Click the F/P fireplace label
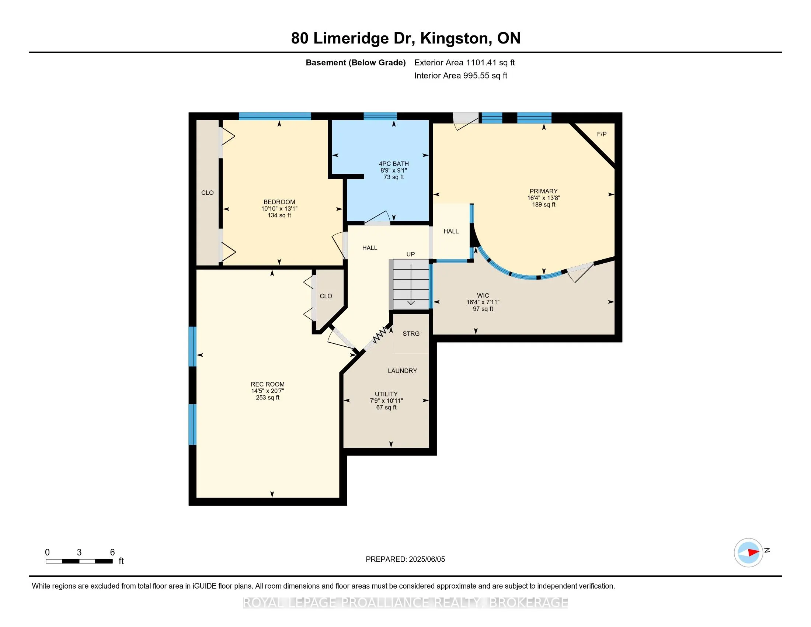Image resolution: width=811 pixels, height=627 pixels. pos(602,134)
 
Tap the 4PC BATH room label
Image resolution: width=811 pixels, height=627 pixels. pos(394,164)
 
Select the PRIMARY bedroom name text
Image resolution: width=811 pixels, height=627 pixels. pos(543,191)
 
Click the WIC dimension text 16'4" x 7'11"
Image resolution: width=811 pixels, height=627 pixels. pos(483,302)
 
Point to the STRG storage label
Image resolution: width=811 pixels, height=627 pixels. pos(411,333)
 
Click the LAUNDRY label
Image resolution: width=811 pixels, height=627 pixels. pos(402,371)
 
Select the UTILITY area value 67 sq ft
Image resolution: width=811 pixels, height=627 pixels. pos(386,408)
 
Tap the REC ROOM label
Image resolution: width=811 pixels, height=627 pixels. pos(267,384)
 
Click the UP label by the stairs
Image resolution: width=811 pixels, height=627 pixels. pos(410,254)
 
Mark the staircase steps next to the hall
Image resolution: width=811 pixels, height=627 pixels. pos(410,284)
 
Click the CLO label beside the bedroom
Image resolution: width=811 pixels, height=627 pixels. pos(207,193)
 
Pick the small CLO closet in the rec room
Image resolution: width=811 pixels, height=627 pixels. pos(326,296)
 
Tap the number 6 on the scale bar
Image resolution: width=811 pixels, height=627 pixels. pos(112,552)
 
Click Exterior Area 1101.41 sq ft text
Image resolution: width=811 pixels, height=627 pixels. pos(464,63)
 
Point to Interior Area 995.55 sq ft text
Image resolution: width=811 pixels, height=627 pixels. pos(460,76)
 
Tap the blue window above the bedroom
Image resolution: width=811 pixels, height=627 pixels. pos(274,116)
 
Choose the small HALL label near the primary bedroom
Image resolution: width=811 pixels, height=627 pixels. pos(451,231)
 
